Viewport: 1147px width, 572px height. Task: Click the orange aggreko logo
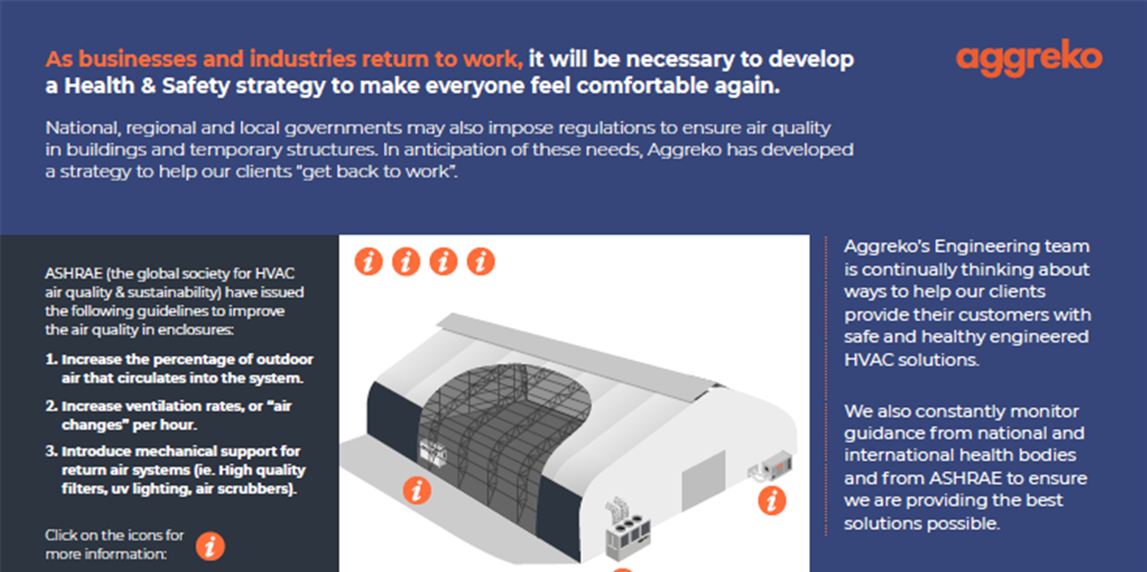(x=1029, y=58)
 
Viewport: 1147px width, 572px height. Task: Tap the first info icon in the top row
(x=369, y=261)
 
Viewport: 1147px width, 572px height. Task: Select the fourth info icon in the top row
(x=481, y=261)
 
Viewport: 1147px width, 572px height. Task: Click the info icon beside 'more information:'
(x=210, y=546)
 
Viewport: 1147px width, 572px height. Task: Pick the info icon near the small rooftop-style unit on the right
(x=772, y=501)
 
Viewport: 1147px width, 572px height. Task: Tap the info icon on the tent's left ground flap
(x=417, y=491)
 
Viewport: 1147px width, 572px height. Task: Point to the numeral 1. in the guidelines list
(x=51, y=359)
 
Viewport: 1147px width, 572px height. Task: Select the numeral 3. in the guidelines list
(x=51, y=451)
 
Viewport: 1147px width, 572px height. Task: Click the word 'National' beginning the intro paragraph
(x=83, y=128)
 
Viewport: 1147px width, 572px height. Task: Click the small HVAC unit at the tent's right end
(x=772, y=465)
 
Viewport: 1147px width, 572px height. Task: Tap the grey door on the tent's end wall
(x=704, y=480)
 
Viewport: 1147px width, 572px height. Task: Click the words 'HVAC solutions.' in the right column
(x=911, y=360)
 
